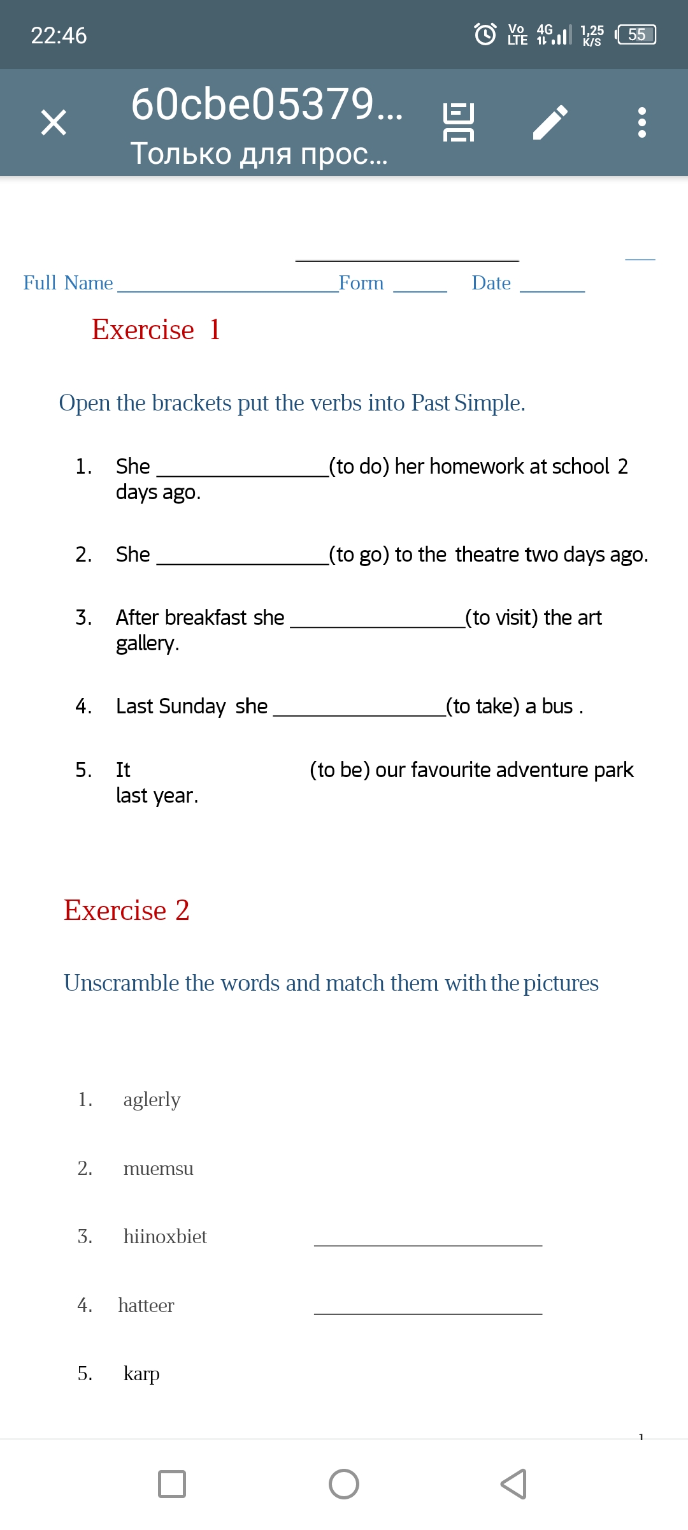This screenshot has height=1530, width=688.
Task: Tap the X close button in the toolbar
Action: coord(54,122)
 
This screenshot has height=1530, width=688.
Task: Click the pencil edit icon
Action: coord(550,122)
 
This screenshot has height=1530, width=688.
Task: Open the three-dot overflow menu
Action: coord(641,122)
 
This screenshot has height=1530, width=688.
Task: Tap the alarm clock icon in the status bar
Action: coord(485,34)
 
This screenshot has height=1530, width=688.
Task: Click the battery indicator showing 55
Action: coord(636,34)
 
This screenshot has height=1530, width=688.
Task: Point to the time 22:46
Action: coord(59,36)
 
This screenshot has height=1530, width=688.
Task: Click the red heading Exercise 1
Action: coord(156,330)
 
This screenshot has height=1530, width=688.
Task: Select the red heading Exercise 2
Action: coord(127,910)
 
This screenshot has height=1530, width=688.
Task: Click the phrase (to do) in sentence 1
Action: coord(359,467)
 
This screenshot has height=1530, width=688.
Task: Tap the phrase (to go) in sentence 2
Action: coord(359,555)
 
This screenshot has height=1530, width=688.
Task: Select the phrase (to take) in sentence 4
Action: coord(482,706)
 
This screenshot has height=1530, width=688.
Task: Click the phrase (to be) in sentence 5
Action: coord(340,770)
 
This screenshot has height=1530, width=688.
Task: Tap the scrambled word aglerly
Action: coord(152,1100)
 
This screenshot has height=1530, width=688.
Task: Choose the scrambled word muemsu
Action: coord(158,1169)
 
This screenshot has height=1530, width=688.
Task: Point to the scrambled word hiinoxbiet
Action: coord(165,1237)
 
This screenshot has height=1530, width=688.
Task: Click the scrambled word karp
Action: coord(141,1373)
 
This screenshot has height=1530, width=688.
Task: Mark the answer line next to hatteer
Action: coord(428,1312)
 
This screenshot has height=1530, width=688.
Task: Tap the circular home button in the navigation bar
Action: coord(344,1484)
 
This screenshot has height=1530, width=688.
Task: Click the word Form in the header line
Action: coord(361,283)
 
